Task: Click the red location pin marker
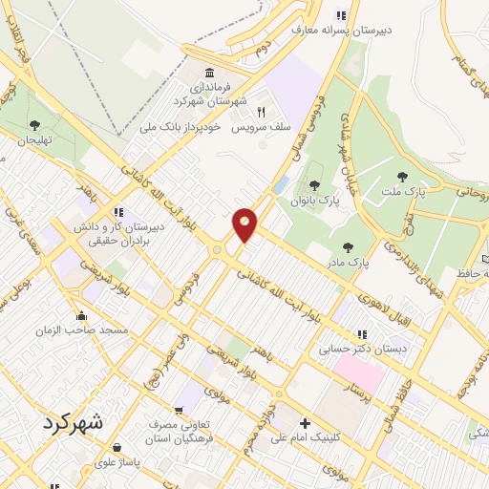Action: pyautogui.click(x=245, y=224)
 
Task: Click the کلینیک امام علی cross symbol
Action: pyautogui.click(x=305, y=424)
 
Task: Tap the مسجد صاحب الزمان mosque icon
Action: pyautogui.click(x=82, y=316)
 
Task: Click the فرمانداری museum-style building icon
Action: pyautogui.click(x=209, y=73)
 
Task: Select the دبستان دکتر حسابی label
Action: pyautogui.click(x=363, y=349)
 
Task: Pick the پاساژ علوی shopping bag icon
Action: pyautogui.click(x=116, y=447)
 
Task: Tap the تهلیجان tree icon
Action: pyautogui.click(x=34, y=125)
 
